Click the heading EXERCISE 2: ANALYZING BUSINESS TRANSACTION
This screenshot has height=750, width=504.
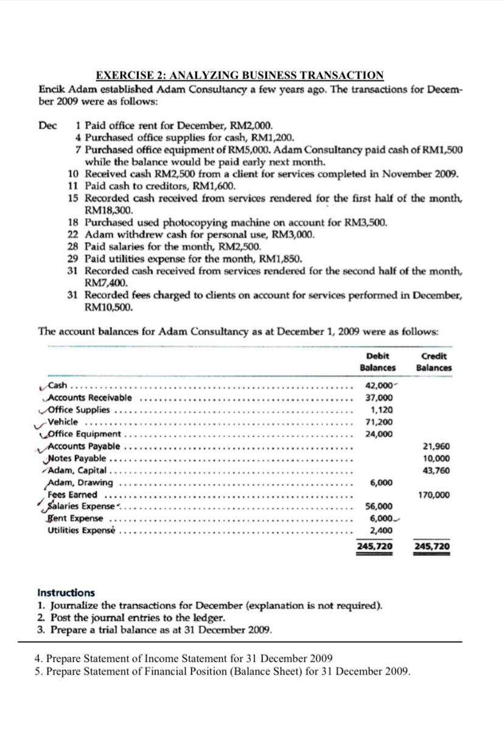[240, 75]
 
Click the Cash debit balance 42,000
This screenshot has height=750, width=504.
[378, 385]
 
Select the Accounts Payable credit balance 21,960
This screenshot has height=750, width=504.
[437, 446]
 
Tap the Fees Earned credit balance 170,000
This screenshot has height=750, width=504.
[435, 495]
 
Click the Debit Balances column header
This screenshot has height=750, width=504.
[377, 362]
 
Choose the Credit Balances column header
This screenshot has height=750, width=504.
[434, 362]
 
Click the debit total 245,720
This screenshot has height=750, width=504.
[374, 546]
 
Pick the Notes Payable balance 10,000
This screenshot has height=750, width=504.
[437, 458]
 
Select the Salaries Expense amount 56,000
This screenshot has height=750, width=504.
[379, 506]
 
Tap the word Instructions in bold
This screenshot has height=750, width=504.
[66, 592]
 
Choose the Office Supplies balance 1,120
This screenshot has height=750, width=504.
[381, 410]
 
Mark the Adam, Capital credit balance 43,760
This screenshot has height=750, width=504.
[437, 471]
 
